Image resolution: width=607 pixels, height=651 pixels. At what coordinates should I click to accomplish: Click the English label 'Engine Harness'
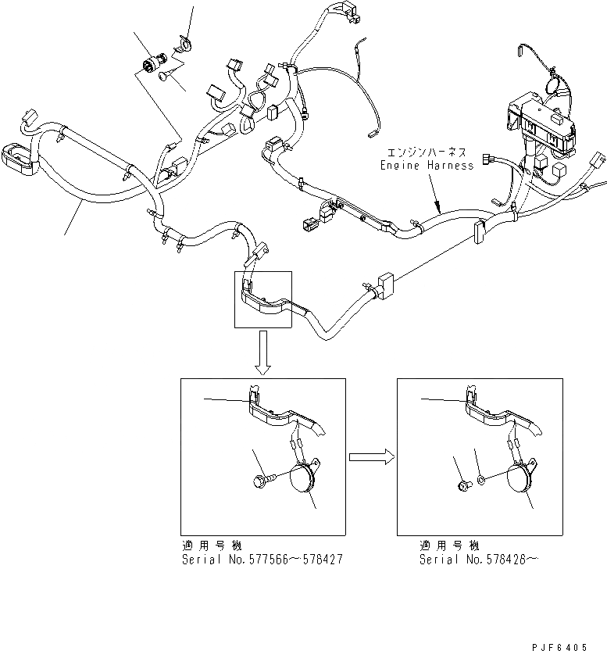click(426, 166)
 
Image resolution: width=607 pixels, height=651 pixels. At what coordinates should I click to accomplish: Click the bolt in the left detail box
click(264, 481)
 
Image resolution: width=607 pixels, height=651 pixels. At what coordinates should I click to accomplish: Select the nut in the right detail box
click(463, 486)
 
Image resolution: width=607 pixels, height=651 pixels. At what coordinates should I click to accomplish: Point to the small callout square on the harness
click(263, 299)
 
